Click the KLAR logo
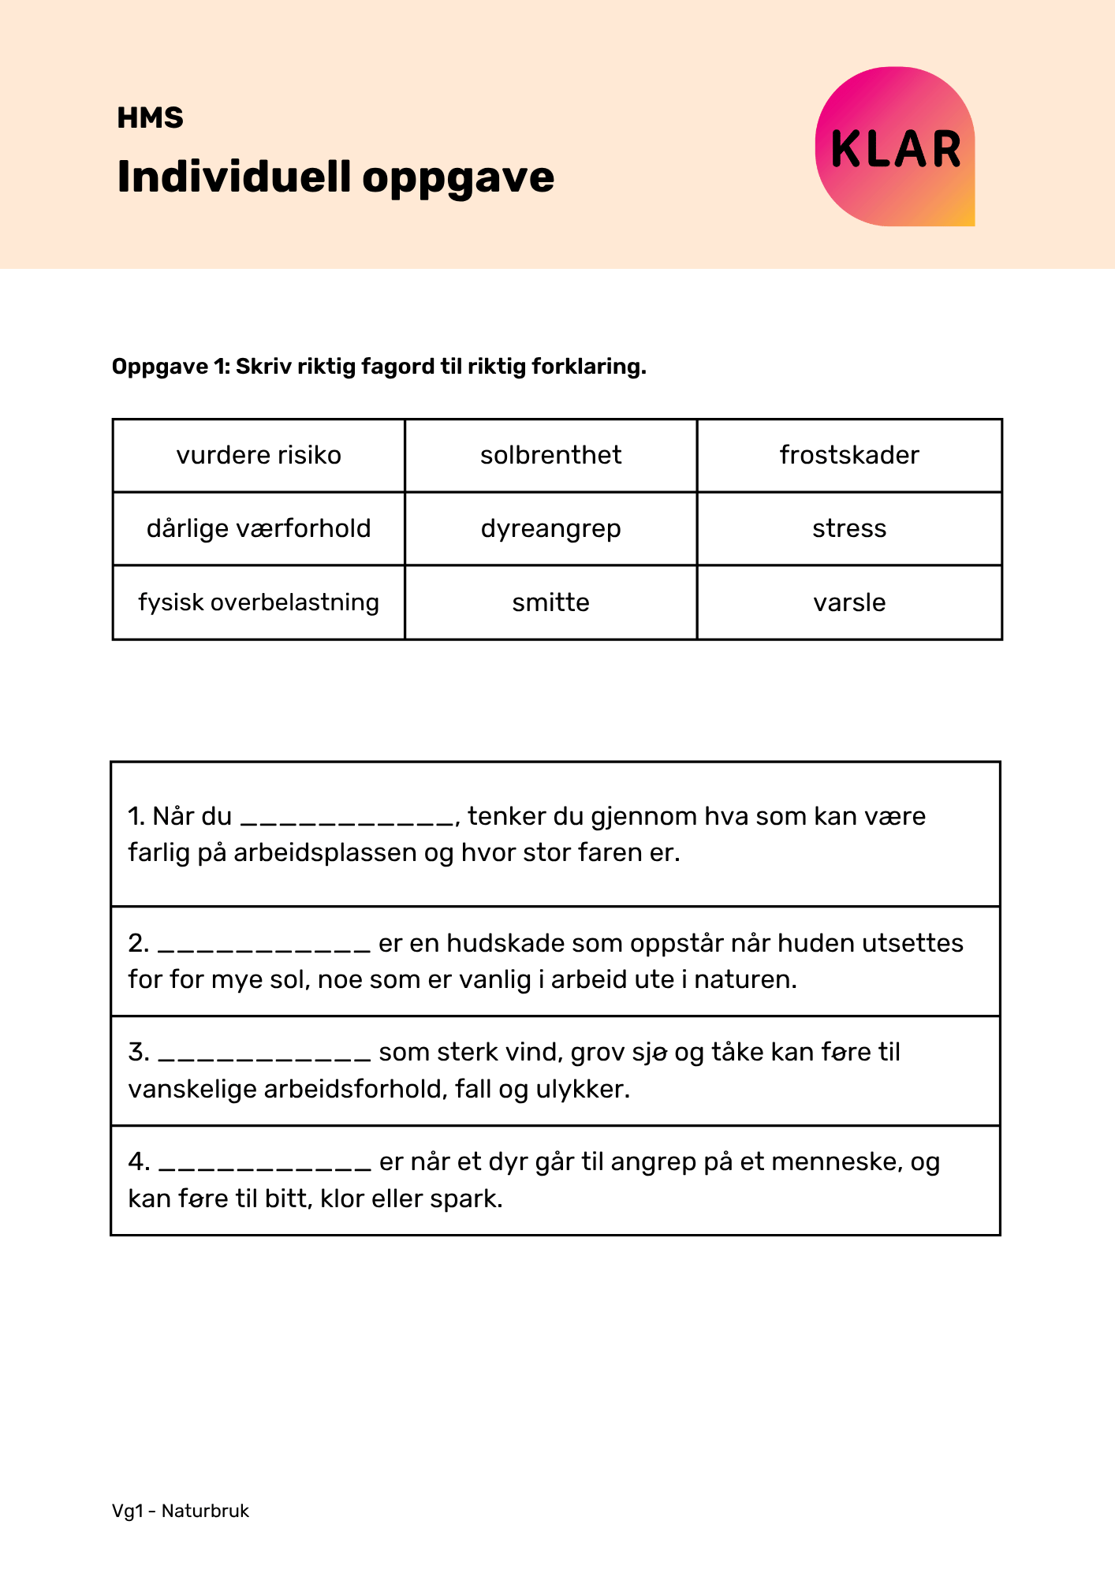tap(895, 147)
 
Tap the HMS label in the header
tap(150, 118)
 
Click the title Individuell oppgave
tap(335, 177)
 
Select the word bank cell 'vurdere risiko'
tap(259, 456)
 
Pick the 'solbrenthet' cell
tap(550, 456)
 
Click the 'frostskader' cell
tap(849, 456)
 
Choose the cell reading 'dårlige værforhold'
tap(259, 528)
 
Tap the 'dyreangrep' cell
tap(550, 528)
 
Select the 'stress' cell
tap(849, 528)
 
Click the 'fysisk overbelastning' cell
tap(259, 602)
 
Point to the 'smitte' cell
tap(550, 602)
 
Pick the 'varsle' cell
tap(849, 602)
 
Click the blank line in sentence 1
tap(347, 820)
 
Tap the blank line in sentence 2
tap(264, 947)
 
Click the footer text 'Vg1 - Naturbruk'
tap(181, 1512)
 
